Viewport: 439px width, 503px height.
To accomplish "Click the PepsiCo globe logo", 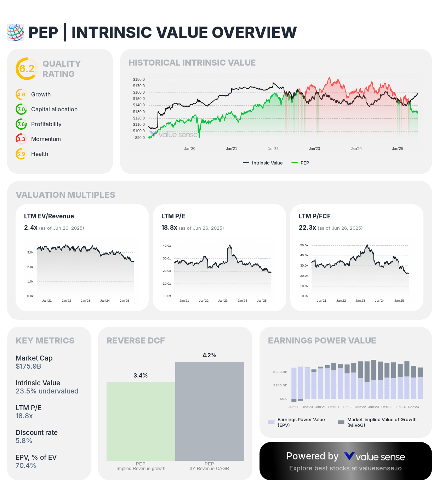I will click(16, 32).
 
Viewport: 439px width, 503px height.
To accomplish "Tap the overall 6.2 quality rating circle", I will click(27, 69).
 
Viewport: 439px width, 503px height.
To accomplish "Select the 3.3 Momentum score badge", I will click(21, 139).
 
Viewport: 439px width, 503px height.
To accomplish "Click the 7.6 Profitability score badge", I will click(21, 124).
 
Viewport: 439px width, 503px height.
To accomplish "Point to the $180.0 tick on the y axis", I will click(139, 79).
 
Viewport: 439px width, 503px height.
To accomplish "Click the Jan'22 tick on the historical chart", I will click(273, 149).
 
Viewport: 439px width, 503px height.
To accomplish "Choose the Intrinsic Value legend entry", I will click(263, 163).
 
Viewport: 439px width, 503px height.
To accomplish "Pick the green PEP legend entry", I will click(300, 163).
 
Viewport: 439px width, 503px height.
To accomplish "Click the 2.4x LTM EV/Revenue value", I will click(30, 228).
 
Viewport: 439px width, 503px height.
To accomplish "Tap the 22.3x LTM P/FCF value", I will click(307, 228).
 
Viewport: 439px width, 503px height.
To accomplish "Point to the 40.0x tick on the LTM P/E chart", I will click(167, 246).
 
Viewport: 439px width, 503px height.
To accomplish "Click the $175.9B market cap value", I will click(28, 366).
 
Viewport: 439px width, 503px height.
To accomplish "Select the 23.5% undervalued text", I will click(47, 391).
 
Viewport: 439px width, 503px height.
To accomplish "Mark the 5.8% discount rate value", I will click(24, 441).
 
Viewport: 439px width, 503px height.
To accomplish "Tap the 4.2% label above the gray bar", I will click(209, 355).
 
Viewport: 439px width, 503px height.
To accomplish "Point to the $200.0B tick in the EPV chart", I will click(280, 372).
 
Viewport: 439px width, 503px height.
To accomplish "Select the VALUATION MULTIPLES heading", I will click(65, 195).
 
